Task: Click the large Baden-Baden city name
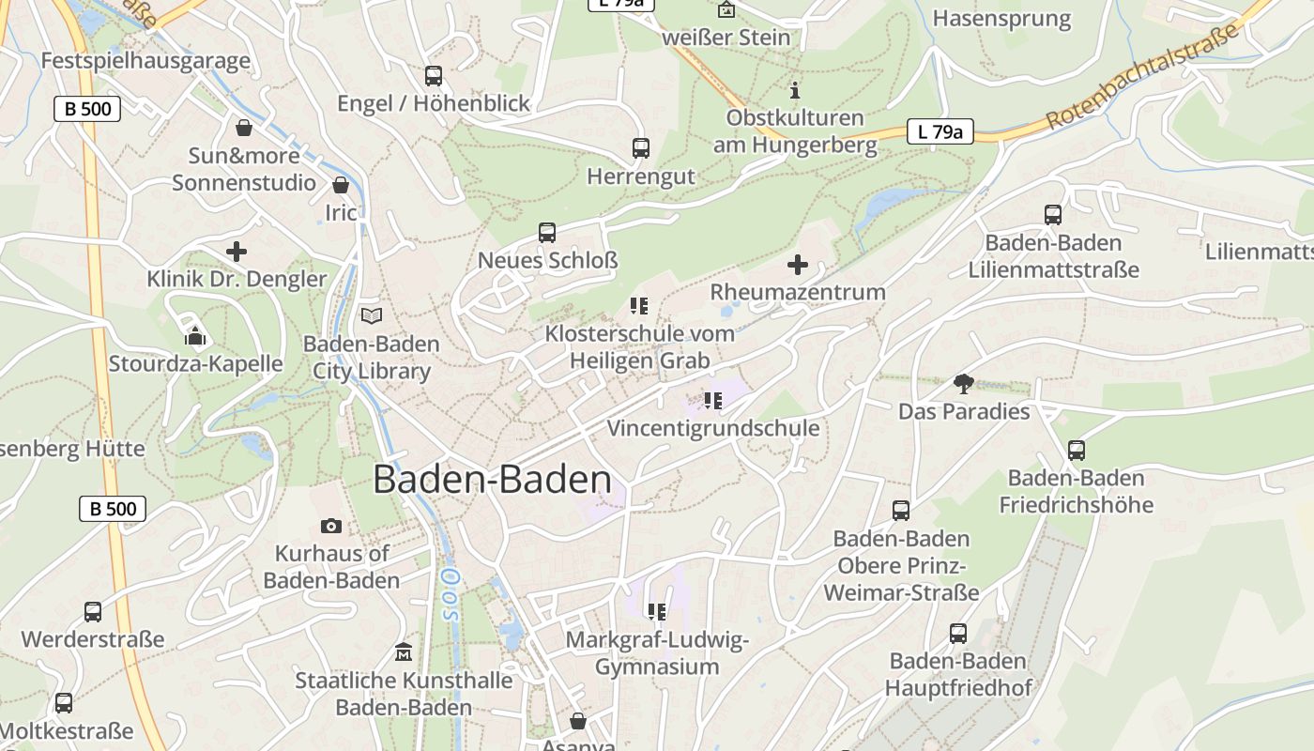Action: (x=493, y=480)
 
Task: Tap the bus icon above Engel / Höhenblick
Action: (x=433, y=76)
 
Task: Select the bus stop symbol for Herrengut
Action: (x=641, y=148)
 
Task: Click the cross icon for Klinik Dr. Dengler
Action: (x=237, y=252)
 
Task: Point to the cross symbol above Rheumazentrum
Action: (x=797, y=265)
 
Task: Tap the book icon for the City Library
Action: (x=372, y=316)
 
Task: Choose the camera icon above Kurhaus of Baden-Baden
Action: (x=330, y=526)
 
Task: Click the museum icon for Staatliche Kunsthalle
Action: (x=404, y=651)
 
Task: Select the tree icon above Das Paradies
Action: (x=963, y=383)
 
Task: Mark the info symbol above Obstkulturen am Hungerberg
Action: (x=795, y=90)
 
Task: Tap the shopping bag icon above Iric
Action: (x=341, y=185)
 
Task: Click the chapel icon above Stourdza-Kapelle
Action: (x=195, y=335)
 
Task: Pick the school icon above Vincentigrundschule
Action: (x=712, y=401)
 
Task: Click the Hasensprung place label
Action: (x=1001, y=19)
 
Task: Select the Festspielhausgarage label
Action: (x=145, y=61)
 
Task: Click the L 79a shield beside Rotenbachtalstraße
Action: (x=940, y=132)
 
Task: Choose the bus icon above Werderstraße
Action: (x=93, y=612)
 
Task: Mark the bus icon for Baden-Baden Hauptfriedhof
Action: (x=957, y=634)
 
